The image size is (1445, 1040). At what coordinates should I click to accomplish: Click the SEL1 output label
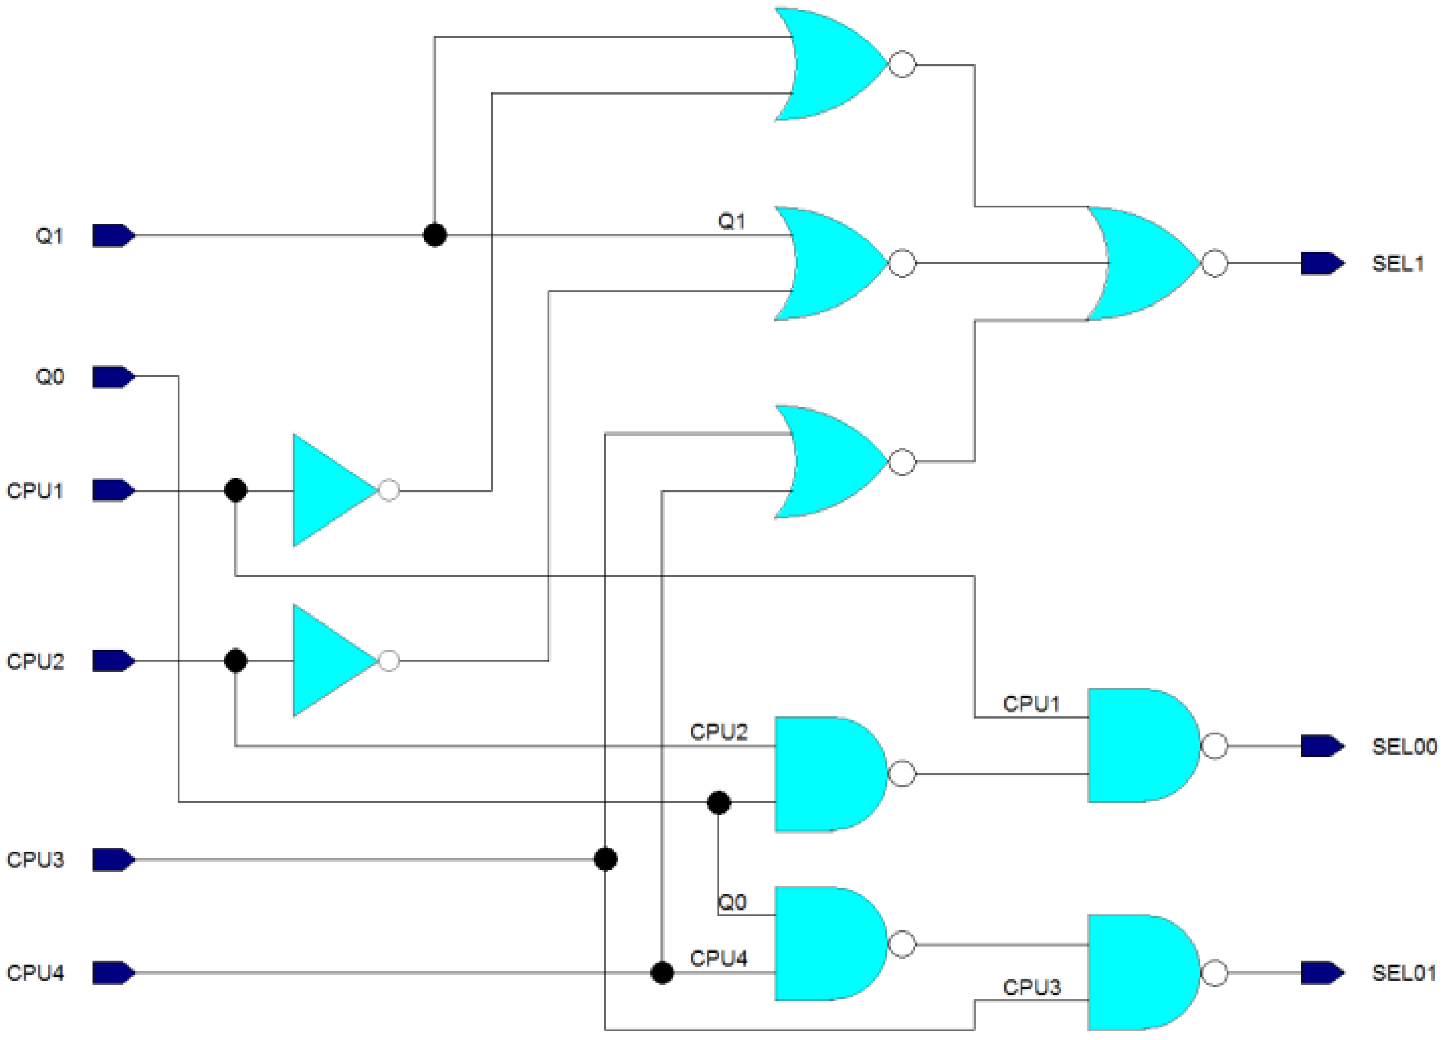coord(1397,264)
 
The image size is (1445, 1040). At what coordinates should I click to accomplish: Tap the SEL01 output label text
coord(1404,973)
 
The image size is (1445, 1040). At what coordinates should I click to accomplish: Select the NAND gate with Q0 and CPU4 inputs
coord(828,944)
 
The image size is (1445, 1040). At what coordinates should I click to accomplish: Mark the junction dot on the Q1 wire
coord(434,235)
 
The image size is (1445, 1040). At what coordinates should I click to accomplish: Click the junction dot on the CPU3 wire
coord(605,859)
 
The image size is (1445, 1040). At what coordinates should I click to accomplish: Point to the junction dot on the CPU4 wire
coord(662,973)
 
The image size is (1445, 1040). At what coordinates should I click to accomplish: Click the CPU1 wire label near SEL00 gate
coord(1031,704)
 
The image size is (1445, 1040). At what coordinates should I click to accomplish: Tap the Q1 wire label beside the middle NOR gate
coord(732,221)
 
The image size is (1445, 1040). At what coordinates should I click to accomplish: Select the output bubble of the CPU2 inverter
coord(389,661)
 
